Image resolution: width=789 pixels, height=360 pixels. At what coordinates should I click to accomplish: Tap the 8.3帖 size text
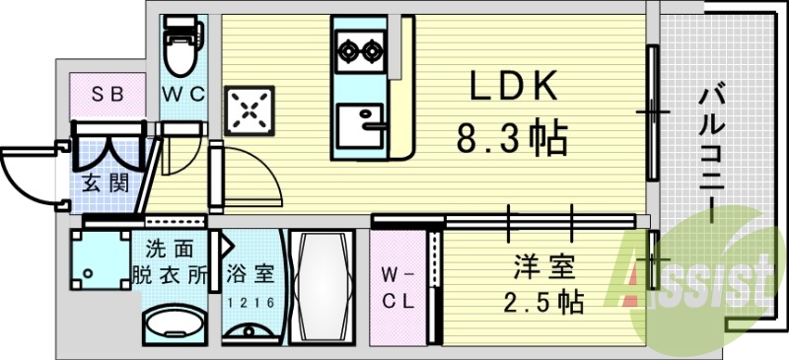[512, 139]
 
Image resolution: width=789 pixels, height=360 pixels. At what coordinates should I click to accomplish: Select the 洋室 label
[538, 266]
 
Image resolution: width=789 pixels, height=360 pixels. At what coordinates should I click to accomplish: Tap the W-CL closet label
[400, 284]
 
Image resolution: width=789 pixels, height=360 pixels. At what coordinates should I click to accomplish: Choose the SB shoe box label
[106, 95]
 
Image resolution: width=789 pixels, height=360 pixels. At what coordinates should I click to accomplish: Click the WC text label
[183, 95]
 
